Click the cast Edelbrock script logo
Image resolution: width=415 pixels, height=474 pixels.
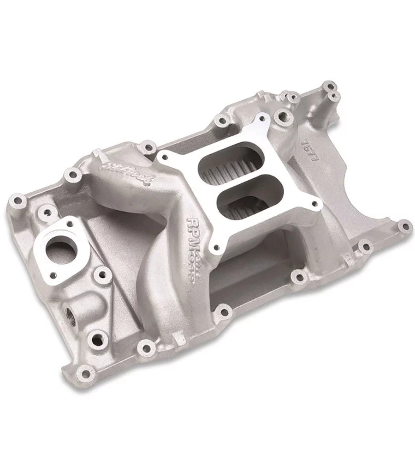click(130, 170)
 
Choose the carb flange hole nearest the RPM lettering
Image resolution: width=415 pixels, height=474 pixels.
click(213, 250)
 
